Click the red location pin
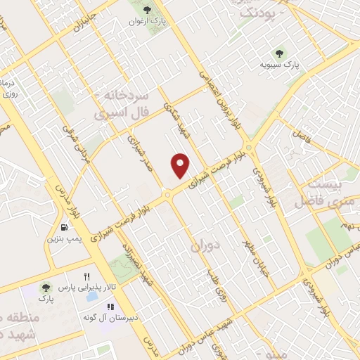click(x=181, y=165)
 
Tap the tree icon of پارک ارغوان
click(x=146, y=9)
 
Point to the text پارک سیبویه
click(x=281, y=65)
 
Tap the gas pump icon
click(x=64, y=227)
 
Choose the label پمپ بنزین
click(x=62, y=239)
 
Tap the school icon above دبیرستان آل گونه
click(x=110, y=307)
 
